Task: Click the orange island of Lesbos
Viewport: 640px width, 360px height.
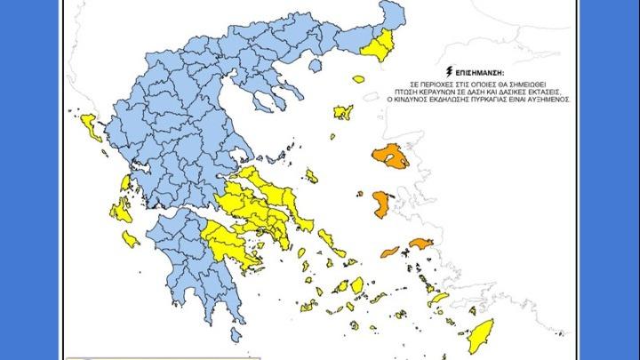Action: [391, 157]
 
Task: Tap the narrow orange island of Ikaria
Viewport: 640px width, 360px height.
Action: [390, 251]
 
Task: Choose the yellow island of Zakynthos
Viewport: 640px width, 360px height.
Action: [131, 238]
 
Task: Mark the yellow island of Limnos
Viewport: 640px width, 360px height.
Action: [343, 113]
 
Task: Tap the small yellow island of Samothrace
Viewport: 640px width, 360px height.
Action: [359, 79]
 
